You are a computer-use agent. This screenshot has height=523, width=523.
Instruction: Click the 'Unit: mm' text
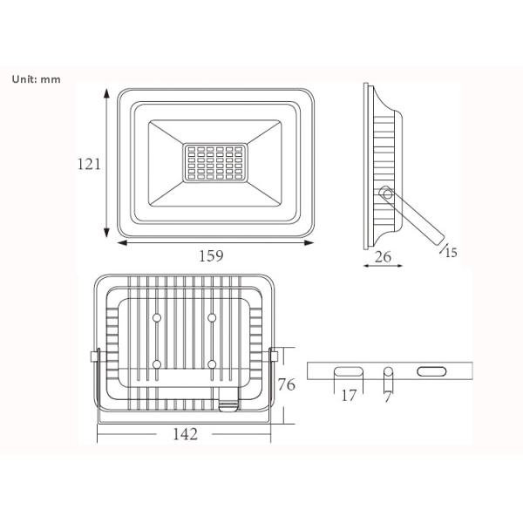pos(36,78)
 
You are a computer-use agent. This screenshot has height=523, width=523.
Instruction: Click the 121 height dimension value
pos(90,163)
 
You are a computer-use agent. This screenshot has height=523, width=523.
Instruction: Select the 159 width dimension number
pos(211,255)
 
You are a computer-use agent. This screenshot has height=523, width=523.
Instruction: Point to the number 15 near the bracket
pos(450,253)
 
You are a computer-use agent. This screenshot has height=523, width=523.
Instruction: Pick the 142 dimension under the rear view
pos(185,434)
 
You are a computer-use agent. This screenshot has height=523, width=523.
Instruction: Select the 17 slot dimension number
pos(349,397)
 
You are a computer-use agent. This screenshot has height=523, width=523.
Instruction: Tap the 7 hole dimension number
pos(389,397)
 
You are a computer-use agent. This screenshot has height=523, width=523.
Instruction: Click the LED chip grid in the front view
pos(214,163)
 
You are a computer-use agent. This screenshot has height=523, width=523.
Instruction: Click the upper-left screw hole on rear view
pos(157,318)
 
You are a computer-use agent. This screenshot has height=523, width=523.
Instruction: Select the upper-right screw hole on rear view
pos(212,318)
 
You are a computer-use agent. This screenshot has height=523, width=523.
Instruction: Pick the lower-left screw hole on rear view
pos(157,363)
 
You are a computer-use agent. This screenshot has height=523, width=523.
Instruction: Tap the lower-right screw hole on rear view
pos(212,363)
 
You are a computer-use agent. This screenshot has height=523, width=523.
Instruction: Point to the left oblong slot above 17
pos(349,371)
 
